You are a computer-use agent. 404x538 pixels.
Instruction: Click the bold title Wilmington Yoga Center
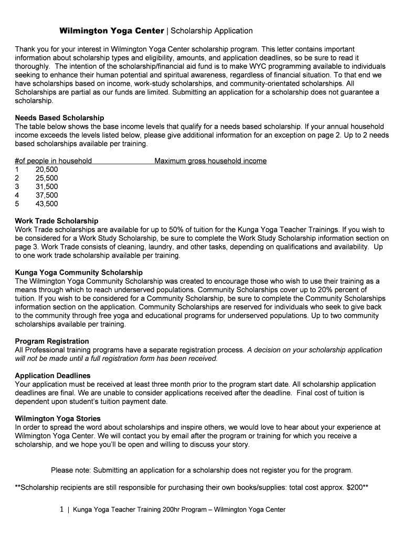click(x=111, y=31)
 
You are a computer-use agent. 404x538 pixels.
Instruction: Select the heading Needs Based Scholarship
click(x=59, y=118)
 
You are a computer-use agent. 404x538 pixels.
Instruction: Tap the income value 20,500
click(x=47, y=170)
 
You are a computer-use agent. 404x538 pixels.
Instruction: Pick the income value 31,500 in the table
click(x=47, y=187)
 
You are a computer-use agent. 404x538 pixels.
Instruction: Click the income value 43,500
click(x=47, y=204)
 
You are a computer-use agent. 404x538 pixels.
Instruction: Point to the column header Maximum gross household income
click(x=210, y=161)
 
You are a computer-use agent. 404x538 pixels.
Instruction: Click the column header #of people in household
click(x=54, y=161)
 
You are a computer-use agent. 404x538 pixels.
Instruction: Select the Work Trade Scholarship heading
click(x=57, y=221)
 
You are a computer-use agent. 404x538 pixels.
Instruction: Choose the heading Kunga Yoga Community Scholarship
click(x=79, y=273)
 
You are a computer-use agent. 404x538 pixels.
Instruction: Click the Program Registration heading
click(x=52, y=341)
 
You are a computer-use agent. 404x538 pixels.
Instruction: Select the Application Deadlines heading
click(x=52, y=376)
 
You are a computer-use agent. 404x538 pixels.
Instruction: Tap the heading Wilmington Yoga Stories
click(x=58, y=419)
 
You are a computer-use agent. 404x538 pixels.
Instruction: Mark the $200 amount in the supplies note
click(x=355, y=488)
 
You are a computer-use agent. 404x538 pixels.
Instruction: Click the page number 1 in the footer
click(x=61, y=509)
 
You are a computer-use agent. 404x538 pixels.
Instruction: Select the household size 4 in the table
click(x=17, y=195)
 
